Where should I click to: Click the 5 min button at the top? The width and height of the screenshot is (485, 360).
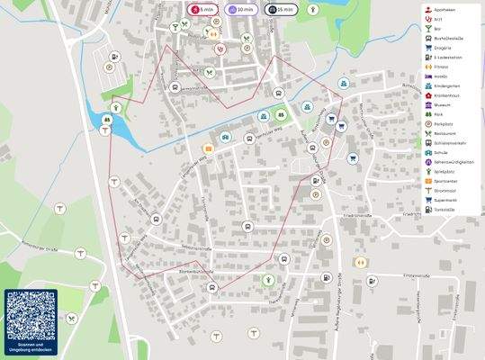202,9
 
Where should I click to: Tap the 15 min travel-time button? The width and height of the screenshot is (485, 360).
282,9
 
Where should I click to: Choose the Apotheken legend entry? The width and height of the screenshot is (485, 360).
447,8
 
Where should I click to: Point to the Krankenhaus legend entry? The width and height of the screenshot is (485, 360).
447,94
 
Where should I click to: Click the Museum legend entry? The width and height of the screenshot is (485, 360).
447,104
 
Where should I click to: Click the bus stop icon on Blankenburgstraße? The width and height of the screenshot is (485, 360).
212,288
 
